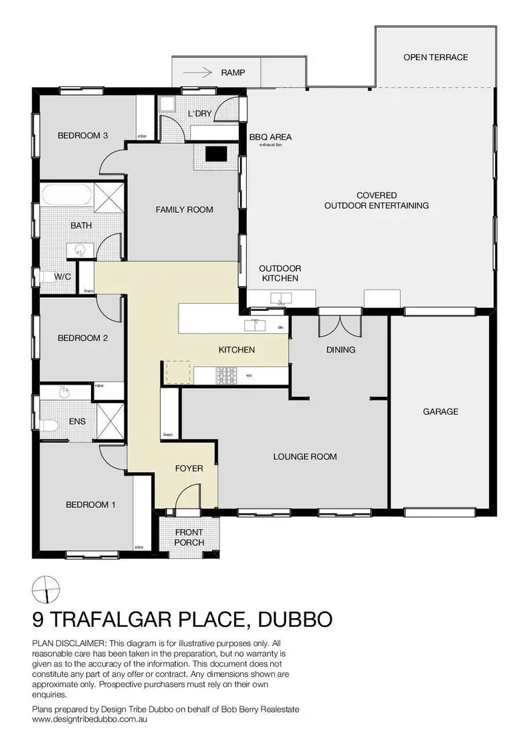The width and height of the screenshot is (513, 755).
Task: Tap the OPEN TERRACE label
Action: click(x=436, y=57)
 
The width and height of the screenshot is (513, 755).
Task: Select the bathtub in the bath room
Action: click(x=63, y=197)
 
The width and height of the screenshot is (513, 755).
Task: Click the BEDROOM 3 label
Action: click(x=83, y=136)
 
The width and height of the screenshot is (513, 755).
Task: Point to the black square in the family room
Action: click(x=217, y=154)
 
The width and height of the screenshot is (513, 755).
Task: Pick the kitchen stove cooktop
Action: click(x=226, y=375)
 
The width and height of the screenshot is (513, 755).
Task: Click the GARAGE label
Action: click(x=440, y=411)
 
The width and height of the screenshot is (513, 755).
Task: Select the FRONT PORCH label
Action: click(x=189, y=537)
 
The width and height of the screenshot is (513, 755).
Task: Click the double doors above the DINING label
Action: click(x=340, y=324)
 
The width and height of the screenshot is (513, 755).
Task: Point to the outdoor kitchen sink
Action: click(x=280, y=298)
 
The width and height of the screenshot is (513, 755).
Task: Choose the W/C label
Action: click(x=63, y=277)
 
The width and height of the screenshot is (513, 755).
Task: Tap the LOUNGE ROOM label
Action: click(x=305, y=457)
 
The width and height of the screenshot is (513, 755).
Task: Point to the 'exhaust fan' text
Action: click(x=270, y=145)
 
